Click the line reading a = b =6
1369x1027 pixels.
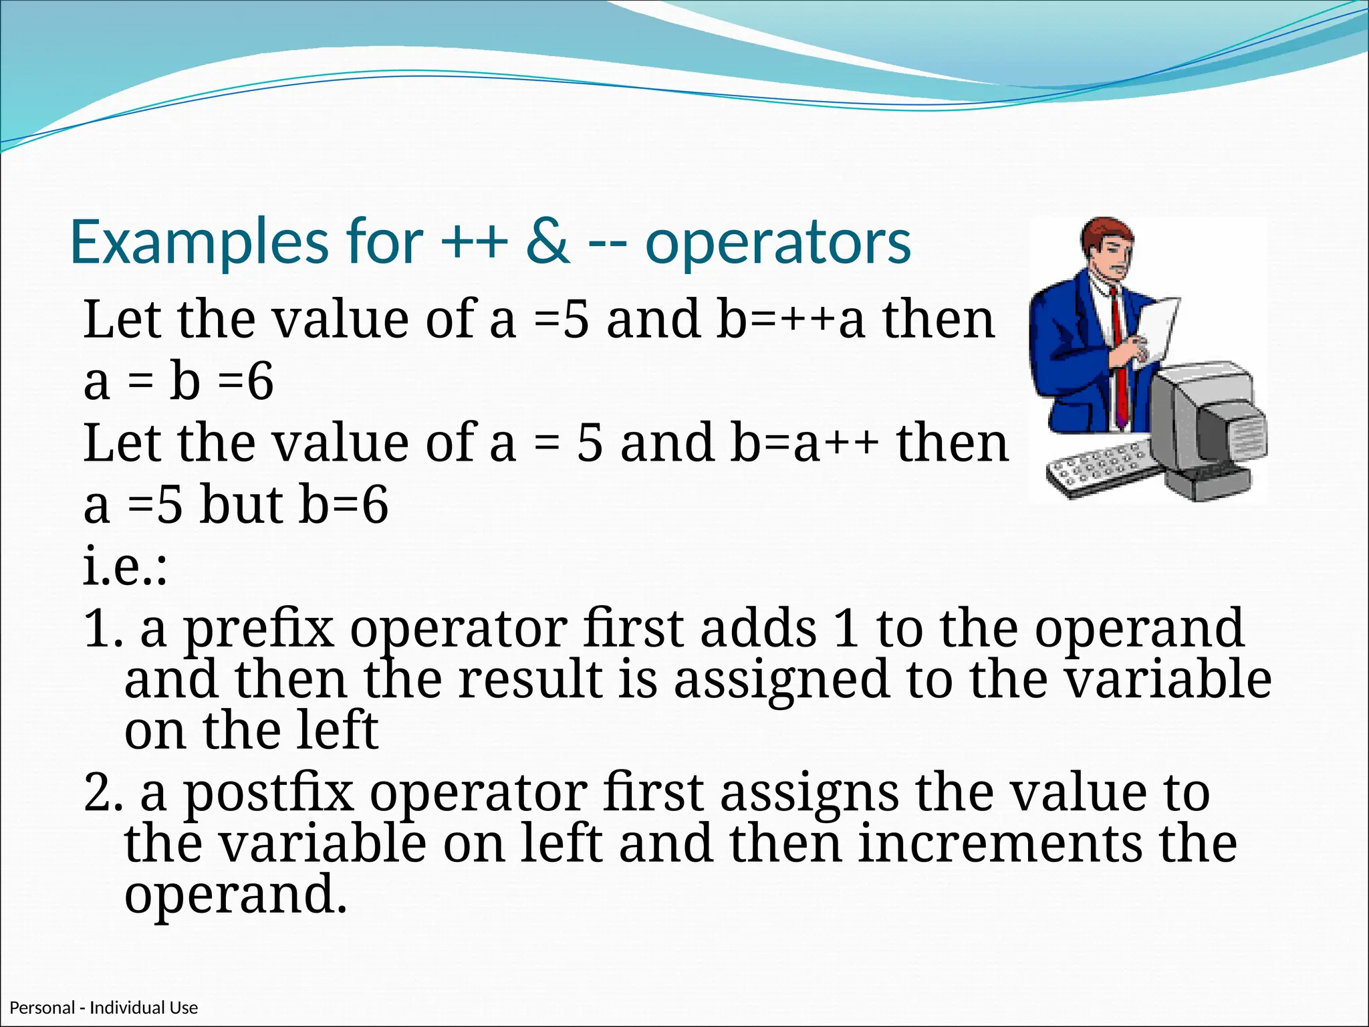(178, 382)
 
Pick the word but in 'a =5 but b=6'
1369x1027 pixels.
(241, 505)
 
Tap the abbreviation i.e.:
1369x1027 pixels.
(125, 567)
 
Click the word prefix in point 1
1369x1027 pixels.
(258, 630)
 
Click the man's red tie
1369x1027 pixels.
(1119, 361)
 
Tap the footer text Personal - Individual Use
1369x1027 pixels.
(104, 1008)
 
